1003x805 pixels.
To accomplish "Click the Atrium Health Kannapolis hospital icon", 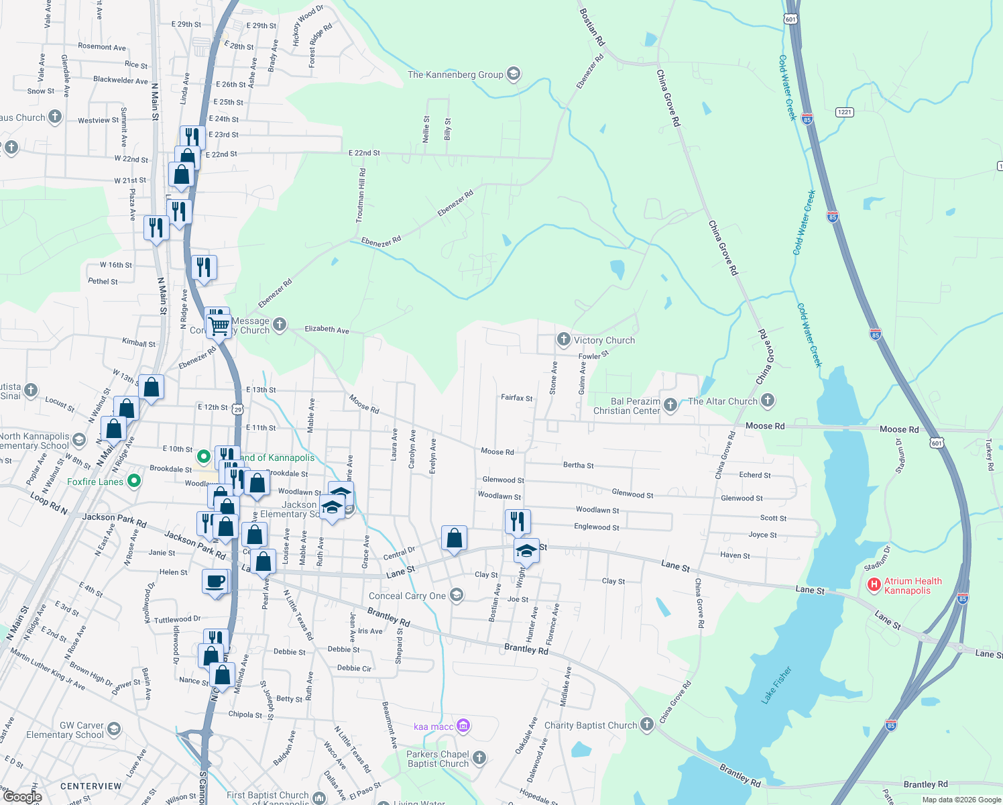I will click(x=874, y=585).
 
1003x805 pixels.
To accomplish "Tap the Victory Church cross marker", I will click(x=563, y=339).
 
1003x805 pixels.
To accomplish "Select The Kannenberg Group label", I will click(x=455, y=74).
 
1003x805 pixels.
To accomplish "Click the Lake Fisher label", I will click(x=777, y=685).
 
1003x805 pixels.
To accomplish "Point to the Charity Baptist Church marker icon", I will click(x=646, y=724).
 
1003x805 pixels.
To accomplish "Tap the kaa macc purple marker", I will click(x=463, y=726).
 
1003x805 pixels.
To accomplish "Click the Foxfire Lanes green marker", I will click(x=134, y=481).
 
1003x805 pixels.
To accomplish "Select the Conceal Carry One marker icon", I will click(x=456, y=595).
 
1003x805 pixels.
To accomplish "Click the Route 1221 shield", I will click(x=844, y=112).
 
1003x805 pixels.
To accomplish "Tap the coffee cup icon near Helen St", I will click(x=215, y=581).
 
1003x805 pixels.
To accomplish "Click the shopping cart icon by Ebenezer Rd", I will click(x=219, y=326).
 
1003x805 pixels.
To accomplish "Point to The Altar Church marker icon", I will click(x=768, y=400).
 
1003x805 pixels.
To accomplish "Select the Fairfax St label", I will click(x=516, y=398).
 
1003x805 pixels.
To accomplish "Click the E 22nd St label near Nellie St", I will click(x=364, y=153).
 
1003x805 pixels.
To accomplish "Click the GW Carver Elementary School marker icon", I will click(x=114, y=729).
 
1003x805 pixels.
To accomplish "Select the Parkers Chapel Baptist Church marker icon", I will click(x=479, y=758).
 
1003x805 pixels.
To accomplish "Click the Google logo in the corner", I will click(x=22, y=796).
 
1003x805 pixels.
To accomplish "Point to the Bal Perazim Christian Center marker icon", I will click(x=670, y=405).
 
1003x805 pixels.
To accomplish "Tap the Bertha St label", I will click(x=578, y=465).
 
